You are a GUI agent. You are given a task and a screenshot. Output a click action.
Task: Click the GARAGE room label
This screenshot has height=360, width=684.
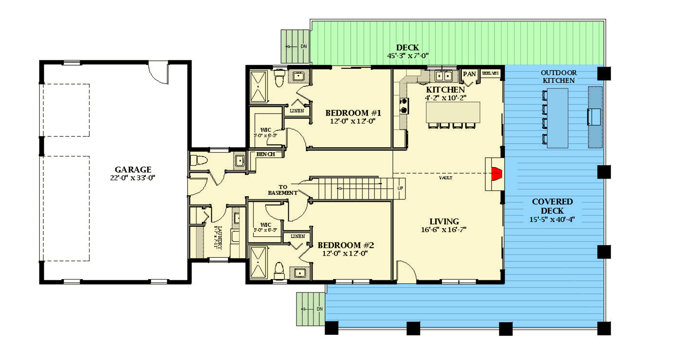[x=133, y=170]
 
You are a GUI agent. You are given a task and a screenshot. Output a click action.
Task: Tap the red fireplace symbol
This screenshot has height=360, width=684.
[x=496, y=173]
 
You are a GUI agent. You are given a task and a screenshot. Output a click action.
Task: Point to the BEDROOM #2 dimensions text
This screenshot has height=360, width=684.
[x=345, y=253]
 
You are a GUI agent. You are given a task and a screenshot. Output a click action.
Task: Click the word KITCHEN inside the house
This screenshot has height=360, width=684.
[x=445, y=90]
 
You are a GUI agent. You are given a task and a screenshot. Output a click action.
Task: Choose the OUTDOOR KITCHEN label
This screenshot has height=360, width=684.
[x=559, y=76]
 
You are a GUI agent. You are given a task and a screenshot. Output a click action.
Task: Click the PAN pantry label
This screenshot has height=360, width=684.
[x=469, y=74]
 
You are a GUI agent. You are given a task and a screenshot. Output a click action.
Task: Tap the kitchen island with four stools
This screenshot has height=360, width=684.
[x=452, y=112]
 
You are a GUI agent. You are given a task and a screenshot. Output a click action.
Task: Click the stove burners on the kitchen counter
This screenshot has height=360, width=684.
[x=403, y=106]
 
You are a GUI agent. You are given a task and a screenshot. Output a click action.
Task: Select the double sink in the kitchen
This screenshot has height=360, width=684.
[x=443, y=76]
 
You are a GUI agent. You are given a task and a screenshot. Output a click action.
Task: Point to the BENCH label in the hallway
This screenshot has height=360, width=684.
[x=265, y=154]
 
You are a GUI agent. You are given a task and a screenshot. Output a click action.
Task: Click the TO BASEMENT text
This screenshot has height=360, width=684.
[x=282, y=189]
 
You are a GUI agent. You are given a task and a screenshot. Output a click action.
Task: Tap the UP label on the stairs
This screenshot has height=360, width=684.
[x=400, y=188]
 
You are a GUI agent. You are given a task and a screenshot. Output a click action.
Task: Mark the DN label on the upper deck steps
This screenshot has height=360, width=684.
[x=304, y=46]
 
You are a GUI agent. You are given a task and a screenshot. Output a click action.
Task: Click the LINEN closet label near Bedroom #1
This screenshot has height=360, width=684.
[x=296, y=111]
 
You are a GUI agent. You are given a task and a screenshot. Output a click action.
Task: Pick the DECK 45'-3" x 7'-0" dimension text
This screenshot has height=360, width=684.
[x=407, y=56]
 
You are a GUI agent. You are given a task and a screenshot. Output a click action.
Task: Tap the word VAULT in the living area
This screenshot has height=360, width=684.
[x=445, y=178]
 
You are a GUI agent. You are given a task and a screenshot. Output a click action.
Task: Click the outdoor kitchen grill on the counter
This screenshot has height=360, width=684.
[x=594, y=117]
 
